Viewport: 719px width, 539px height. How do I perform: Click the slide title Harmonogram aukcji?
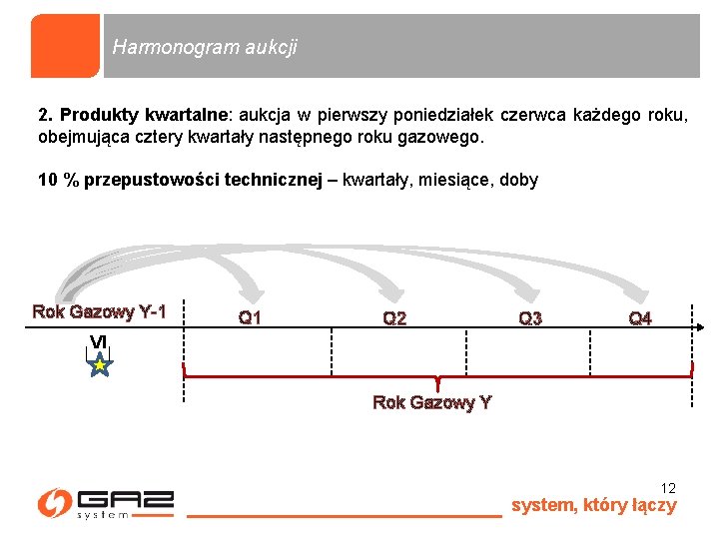[205, 47]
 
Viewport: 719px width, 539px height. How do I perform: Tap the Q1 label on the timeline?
[250, 318]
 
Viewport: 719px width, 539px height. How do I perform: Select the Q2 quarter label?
[394, 318]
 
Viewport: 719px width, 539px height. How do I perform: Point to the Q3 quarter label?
[530, 318]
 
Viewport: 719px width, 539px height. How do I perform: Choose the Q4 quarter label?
[640, 318]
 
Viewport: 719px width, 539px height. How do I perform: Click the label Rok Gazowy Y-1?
[99, 311]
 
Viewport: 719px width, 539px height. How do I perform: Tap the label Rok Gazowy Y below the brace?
[431, 402]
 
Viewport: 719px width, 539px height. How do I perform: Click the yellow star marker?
[100, 366]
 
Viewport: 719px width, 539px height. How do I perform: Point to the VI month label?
[98, 342]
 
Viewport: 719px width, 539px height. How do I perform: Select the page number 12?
[668, 488]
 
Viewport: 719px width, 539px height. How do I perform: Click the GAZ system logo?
[105, 503]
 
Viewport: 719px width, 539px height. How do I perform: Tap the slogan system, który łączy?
[593, 505]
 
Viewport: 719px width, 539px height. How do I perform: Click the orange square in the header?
[65, 46]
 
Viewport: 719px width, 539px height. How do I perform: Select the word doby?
[518, 181]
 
